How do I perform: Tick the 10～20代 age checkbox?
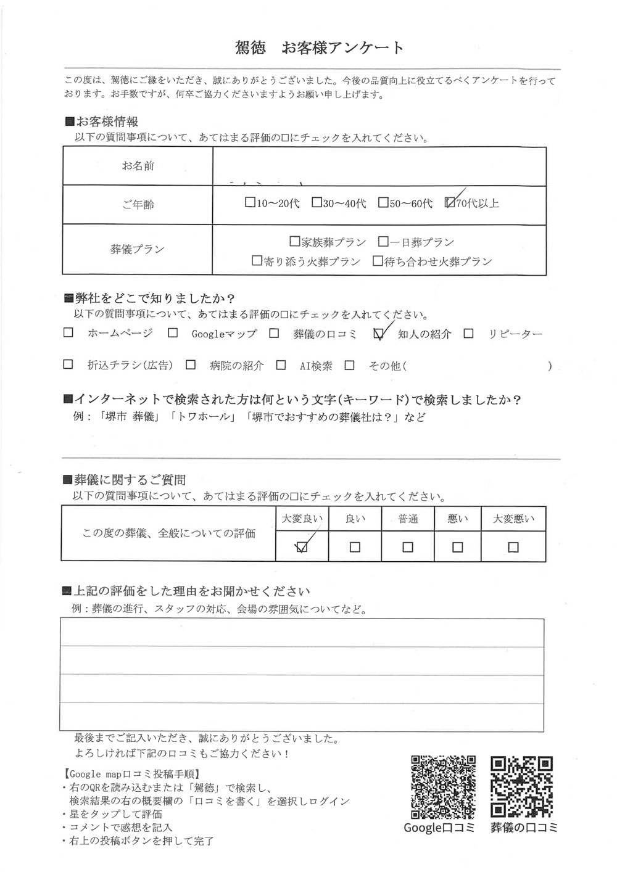pyautogui.click(x=249, y=202)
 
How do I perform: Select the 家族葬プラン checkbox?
pyautogui.click(x=294, y=242)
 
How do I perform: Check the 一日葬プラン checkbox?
pyautogui.click(x=383, y=242)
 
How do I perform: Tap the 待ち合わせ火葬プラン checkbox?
pyautogui.click(x=378, y=261)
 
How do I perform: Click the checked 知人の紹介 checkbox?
pyautogui.click(x=379, y=334)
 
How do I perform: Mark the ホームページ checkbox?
pyautogui.click(x=68, y=334)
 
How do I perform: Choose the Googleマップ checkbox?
pyautogui.click(x=173, y=334)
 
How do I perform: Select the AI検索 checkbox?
pyautogui.click(x=281, y=365)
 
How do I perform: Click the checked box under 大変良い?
pyautogui.click(x=302, y=547)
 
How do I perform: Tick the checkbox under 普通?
pyautogui.click(x=407, y=547)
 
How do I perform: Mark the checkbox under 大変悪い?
pyautogui.click(x=513, y=547)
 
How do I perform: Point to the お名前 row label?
pyautogui.click(x=138, y=166)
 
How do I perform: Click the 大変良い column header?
pyautogui.click(x=302, y=519)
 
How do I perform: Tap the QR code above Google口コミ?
pyautogui.click(x=443, y=786)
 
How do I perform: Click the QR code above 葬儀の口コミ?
pyautogui.click(x=523, y=786)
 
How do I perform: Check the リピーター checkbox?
pyautogui.click(x=469, y=334)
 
